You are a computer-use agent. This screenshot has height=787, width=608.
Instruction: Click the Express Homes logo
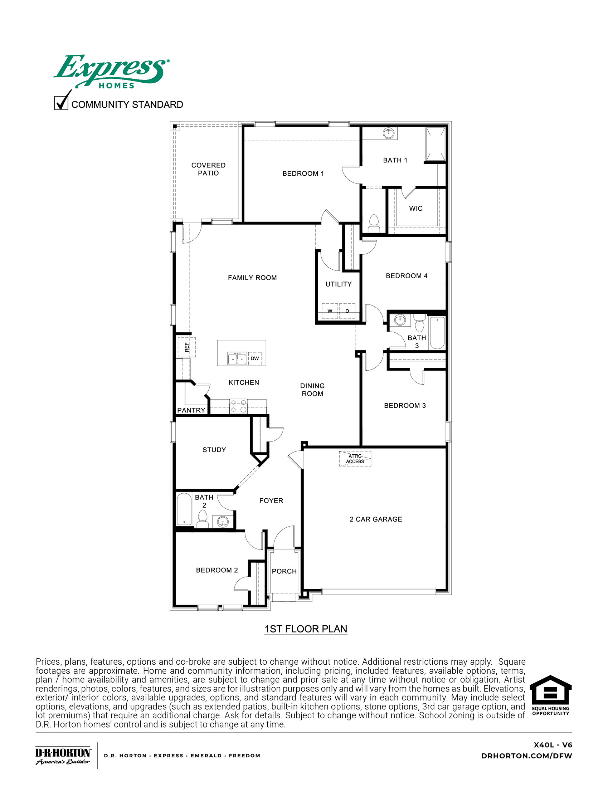tap(111, 72)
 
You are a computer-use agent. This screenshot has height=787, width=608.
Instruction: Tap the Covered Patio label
tap(208, 169)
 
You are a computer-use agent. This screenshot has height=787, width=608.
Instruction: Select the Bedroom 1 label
tap(303, 173)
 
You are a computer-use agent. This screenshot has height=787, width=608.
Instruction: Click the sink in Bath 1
tap(389, 133)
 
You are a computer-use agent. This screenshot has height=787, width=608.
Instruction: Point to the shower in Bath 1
tap(436, 144)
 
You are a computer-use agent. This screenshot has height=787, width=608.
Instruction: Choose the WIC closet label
tap(415, 208)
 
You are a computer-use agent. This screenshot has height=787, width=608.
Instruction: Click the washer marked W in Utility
tap(330, 311)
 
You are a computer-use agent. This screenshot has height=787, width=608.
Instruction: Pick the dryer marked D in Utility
tap(347, 311)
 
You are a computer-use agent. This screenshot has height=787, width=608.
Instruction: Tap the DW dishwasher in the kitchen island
tap(254, 358)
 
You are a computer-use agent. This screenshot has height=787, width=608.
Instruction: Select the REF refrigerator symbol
tap(186, 347)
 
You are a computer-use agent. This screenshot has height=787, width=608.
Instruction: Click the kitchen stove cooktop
tap(238, 406)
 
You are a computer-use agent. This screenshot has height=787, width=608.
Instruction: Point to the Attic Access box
tap(355, 458)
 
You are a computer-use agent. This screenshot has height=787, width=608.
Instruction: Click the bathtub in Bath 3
tap(437, 332)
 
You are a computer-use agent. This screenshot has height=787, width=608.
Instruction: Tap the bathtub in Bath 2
tap(184, 509)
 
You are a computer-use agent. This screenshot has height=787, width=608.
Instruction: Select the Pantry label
tap(191, 410)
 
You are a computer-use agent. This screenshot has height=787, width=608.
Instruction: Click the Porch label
tap(284, 571)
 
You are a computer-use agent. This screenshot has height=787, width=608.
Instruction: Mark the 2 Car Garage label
tap(375, 519)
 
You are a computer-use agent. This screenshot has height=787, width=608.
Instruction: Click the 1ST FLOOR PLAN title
tap(306, 629)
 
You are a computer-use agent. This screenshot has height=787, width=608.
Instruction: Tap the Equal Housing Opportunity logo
tap(550, 695)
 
